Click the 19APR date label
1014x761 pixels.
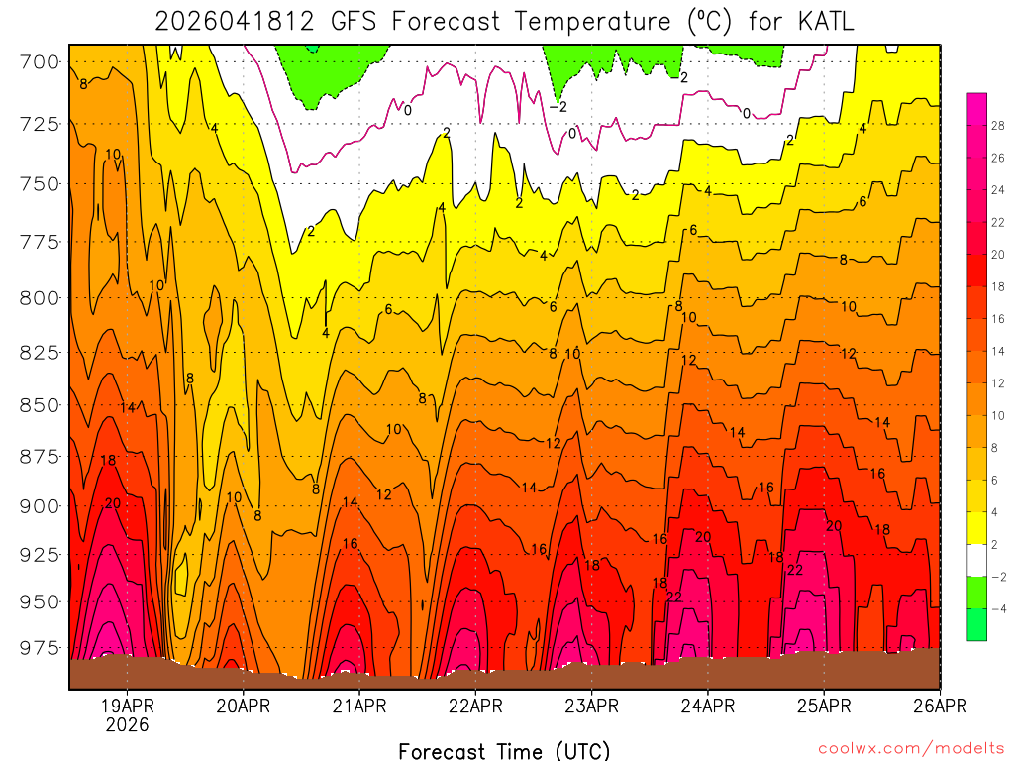127,706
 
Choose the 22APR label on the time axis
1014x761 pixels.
475,706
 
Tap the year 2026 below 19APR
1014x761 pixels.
127,725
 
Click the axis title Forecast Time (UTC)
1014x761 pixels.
504,750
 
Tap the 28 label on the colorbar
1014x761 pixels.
997,125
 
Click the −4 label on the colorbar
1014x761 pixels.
996,608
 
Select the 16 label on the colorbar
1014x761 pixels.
997,318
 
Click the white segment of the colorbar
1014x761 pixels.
976,560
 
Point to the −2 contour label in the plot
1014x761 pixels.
558,107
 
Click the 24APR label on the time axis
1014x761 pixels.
708,706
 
